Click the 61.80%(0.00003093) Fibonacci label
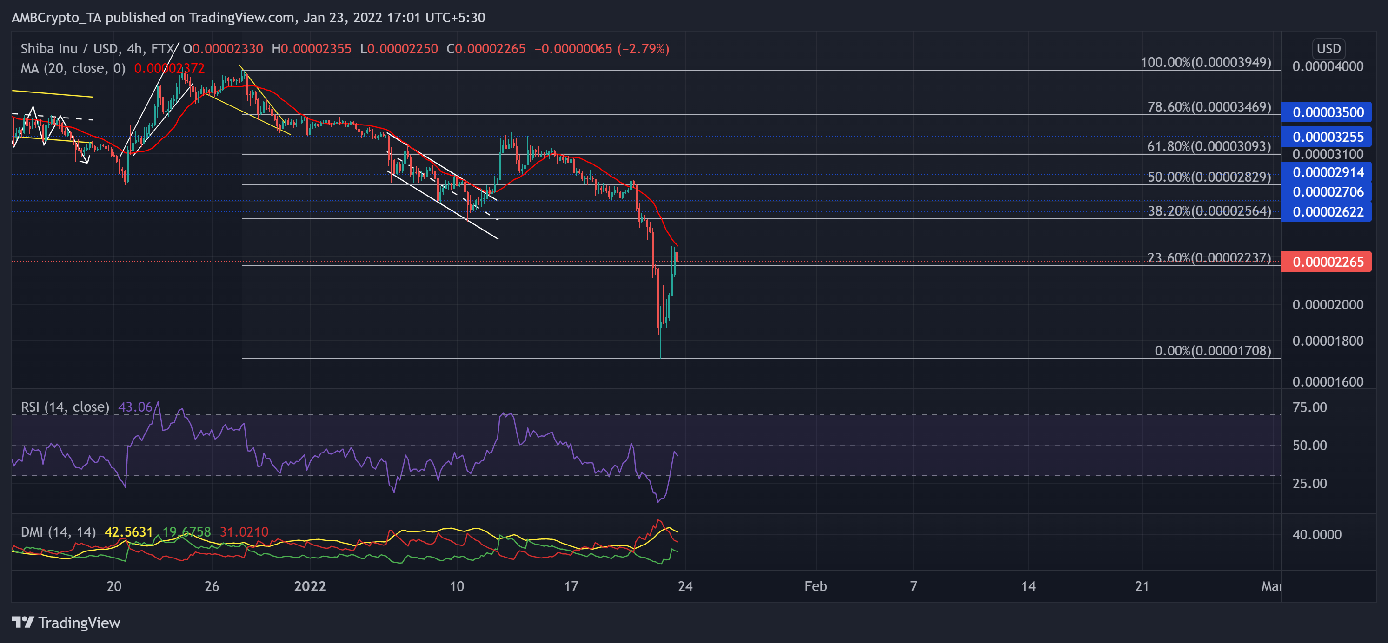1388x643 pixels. click(1209, 146)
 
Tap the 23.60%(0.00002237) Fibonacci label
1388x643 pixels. click(1209, 257)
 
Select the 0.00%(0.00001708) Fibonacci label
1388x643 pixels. click(1212, 351)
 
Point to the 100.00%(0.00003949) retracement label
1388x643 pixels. click(1205, 62)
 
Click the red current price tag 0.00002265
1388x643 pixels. click(1328, 262)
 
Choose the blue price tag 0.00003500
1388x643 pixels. click(1328, 112)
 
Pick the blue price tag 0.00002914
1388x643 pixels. click(1328, 172)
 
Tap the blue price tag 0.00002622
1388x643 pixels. click(1328, 212)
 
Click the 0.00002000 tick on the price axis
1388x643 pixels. click(1328, 304)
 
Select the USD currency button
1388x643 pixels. click(1328, 48)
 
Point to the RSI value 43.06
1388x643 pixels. click(135, 407)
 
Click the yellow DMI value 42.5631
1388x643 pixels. click(128, 531)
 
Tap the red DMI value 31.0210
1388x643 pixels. click(244, 531)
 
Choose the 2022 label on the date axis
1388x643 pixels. click(310, 586)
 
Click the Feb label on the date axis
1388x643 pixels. click(815, 586)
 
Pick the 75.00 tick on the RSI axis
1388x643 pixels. click(1309, 407)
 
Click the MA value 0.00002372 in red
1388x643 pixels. click(169, 68)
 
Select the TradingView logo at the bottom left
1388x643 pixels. click(66, 623)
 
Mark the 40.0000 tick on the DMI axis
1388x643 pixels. click(1316, 534)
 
